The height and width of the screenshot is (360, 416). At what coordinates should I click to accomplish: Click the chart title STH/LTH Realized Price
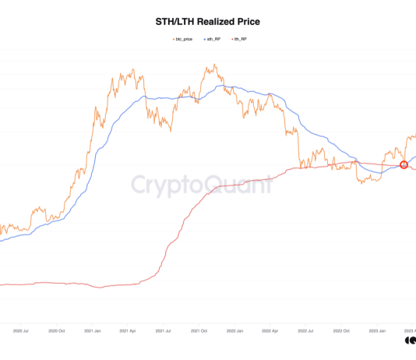tap(207, 21)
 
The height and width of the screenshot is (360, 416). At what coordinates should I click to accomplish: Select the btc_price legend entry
tap(182, 38)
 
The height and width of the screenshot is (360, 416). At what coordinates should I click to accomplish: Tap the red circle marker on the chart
tap(404, 164)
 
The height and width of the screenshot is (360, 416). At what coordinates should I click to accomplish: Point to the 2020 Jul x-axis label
tap(23, 331)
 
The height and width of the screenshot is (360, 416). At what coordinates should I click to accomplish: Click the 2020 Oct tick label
tap(58, 331)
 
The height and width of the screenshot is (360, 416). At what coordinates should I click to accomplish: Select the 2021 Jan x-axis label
tap(93, 331)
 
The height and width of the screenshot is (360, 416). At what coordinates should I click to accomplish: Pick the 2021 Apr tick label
tap(129, 331)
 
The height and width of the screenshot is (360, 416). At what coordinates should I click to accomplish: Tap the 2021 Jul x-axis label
tap(164, 331)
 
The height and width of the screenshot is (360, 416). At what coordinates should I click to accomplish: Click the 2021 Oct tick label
tap(199, 331)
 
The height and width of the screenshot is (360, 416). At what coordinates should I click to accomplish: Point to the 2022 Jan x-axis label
tap(234, 331)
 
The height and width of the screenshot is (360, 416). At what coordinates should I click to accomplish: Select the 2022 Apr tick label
tap(270, 331)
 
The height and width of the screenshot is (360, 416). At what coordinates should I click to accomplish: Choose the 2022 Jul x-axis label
tap(305, 331)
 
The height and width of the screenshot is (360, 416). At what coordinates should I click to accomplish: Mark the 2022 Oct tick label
tap(340, 331)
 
